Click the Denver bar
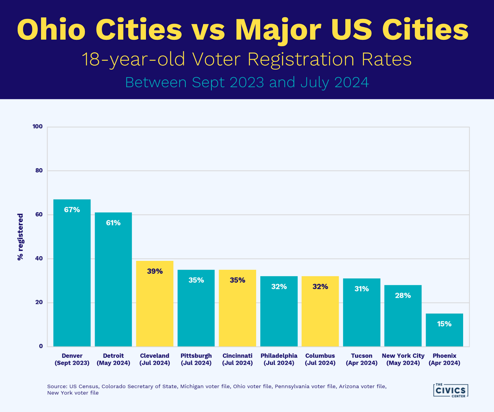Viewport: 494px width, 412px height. point(72,278)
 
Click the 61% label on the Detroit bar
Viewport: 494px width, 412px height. point(113,223)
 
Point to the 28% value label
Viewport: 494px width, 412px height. point(403,296)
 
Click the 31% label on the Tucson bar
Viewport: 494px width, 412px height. point(362,289)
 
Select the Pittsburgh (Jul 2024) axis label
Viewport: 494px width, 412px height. point(196,359)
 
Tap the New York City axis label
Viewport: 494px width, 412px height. point(403,359)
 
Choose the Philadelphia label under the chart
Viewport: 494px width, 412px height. point(279,359)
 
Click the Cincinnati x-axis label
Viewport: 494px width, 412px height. point(237,359)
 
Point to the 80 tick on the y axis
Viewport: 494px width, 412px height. point(39,170)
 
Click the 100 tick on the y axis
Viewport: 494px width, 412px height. point(38,126)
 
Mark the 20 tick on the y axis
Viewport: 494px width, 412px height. point(39,302)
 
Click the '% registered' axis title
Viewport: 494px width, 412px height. point(20,237)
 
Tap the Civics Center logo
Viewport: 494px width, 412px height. point(450,390)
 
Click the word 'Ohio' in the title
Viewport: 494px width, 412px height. point(51,30)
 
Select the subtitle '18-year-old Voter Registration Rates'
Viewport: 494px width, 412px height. point(247,59)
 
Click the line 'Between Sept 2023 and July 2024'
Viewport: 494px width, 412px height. point(247,82)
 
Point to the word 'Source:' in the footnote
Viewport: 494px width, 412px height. point(57,386)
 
